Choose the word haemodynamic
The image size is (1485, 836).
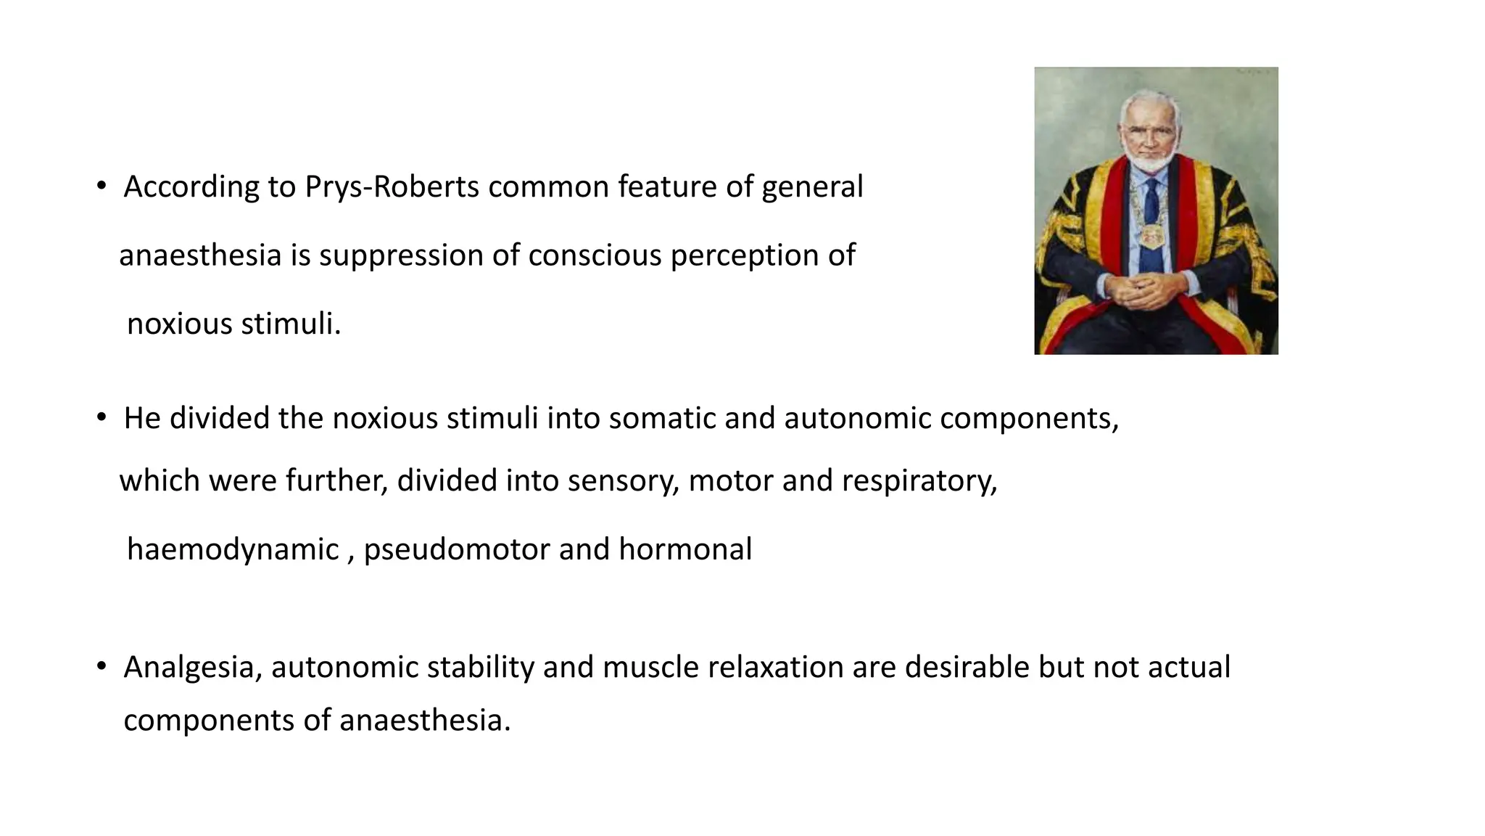click(x=233, y=549)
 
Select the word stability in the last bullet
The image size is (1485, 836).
click(x=480, y=668)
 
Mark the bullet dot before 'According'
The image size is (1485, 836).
click(x=102, y=187)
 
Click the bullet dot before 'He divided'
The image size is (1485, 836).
click(x=102, y=418)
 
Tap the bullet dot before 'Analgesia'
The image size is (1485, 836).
click(x=102, y=667)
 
